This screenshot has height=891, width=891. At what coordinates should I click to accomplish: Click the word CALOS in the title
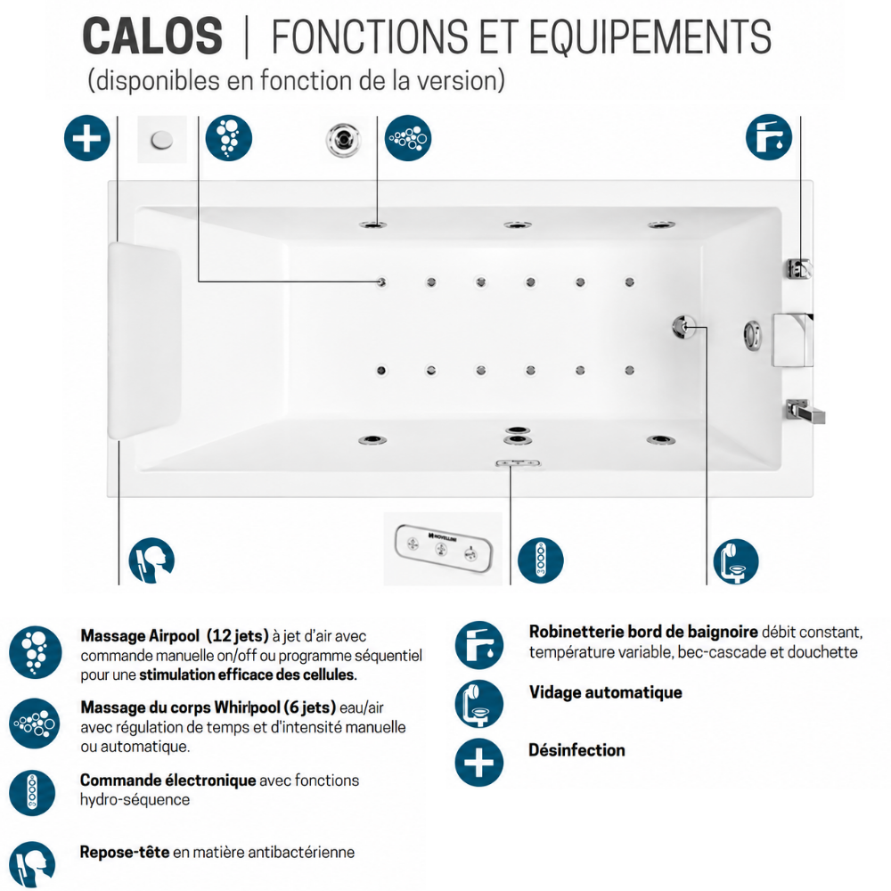point(152,37)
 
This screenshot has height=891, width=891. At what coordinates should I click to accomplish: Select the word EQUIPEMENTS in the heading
point(650,37)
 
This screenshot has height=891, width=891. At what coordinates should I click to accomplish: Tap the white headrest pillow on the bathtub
point(144,340)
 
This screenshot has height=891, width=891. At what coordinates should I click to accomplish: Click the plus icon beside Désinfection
point(479,762)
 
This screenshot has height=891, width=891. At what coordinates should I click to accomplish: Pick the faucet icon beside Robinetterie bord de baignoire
point(479,645)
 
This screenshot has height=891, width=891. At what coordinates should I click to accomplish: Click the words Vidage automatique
point(605,692)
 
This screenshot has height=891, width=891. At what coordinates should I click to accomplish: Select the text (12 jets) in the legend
point(238,636)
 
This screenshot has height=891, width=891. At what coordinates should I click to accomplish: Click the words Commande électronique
point(168,780)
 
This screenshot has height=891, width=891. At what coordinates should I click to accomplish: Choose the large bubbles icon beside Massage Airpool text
point(36,652)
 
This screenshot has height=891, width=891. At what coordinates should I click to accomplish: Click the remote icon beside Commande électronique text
point(32,793)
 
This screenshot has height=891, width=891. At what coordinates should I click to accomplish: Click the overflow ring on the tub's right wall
point(753,335)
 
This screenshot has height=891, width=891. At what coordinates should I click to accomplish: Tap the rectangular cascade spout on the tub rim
point(793,339)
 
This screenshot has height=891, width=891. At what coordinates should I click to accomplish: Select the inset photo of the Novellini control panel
point(443,548)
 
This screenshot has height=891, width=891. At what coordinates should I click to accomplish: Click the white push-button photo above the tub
point(162,139)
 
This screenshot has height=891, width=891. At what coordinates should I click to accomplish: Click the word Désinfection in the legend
point(576,750)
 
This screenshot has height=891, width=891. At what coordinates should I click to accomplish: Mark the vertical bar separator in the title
point(247,37)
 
